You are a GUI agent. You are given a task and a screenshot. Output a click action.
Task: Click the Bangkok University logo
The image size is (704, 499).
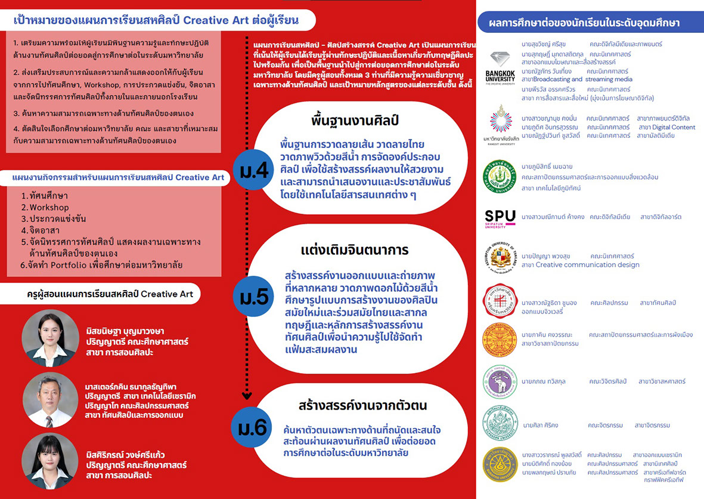click(500, 68)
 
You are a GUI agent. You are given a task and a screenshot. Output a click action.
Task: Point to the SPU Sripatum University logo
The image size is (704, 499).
click(500, 218)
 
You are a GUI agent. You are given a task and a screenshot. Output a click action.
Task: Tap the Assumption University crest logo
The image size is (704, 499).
click(500, 258)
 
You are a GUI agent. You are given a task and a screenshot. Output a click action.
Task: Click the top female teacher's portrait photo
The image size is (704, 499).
click(50, 337)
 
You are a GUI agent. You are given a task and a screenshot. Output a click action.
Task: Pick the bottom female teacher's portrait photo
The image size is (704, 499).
click(50, 461)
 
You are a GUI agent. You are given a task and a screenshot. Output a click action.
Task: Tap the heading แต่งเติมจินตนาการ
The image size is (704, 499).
click(355, 249)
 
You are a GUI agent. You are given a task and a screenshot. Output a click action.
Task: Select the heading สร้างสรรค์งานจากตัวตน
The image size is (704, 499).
click(363, 405)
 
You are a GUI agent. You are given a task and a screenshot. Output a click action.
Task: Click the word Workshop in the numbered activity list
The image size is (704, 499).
click(49, 207)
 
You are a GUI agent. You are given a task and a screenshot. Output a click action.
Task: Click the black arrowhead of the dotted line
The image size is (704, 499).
click(247, 395)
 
